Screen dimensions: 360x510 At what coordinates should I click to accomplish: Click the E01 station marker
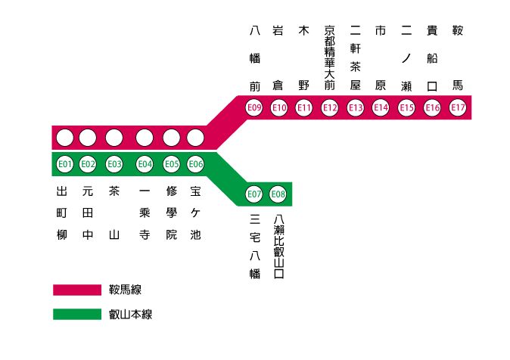pos(64,164)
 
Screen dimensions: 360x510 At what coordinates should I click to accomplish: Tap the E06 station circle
pos(195,164)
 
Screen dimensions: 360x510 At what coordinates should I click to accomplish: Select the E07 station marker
pos(254,194)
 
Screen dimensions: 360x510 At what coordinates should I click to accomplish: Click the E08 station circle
pos(278,194)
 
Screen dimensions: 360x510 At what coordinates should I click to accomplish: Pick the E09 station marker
pos(254,108)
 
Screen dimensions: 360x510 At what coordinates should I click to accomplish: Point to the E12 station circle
pos(330,108)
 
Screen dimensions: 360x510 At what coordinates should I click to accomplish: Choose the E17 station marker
pos(458,108)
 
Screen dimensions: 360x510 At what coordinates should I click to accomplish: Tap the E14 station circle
pos(381,108)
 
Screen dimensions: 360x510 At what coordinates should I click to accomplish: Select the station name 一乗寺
pos(145,213)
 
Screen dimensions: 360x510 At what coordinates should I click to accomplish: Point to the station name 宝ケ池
pos(195,213)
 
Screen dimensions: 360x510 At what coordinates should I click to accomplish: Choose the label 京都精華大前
pos(329,57)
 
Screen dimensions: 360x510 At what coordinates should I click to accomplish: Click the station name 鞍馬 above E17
pos(457,57)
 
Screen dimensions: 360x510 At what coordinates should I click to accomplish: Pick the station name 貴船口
pos(432,57)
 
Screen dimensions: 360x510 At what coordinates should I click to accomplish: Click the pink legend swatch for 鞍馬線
pos(76,290)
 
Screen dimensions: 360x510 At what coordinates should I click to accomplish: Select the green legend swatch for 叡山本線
pos(76,314)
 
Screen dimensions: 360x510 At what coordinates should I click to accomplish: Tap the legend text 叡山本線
pos(131,314)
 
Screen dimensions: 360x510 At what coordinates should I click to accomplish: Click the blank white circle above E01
pos(64,138)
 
